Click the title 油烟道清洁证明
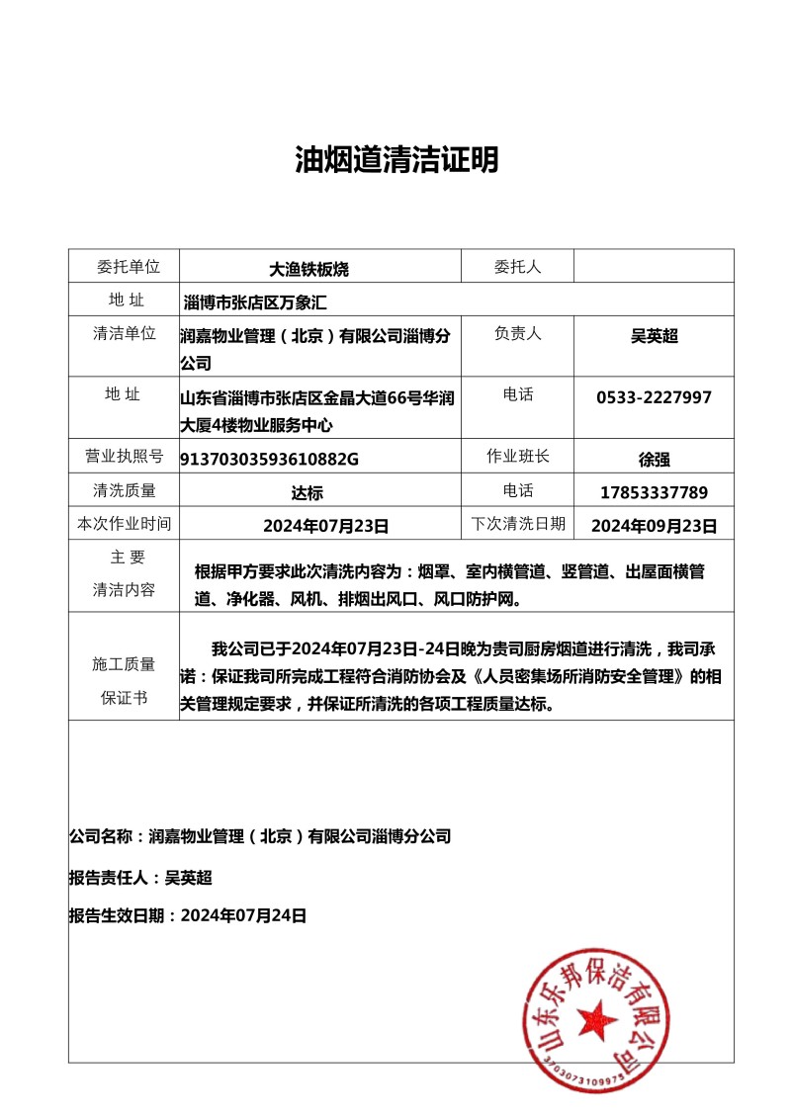pyautogui.click(x=396, y=159)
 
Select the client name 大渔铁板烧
pyautogui.click(x=309, y=268)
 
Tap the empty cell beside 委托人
pyautogui.click(x=653, y=266)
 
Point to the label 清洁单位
pyautogui.click(x=125, y=333)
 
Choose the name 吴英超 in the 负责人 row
pyautogui.click(x=655, y=336)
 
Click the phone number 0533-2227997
pyautogui.click(x=654, y=397)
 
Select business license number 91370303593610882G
pyautogui.click(x=269, y=459)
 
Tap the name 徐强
pyautogui.click(x=655, y=459)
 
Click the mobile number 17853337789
pyautogui.click(x=655, y=491)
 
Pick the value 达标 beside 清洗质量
pyautogui.click(x=307, y=492)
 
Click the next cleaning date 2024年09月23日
pyautogui.click(x=655, y=525)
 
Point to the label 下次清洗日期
pyautogui.click(x=518, y=523)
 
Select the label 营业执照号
pyautogui.click(x=125, y=457)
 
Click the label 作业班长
pyautogui.click(x=518, y=456)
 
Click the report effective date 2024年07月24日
pyautogui.click(x=188, y=915)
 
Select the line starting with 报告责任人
pyautogui.click(x=140, y=877)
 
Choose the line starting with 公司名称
pyautogui.click(x=260, y=836)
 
